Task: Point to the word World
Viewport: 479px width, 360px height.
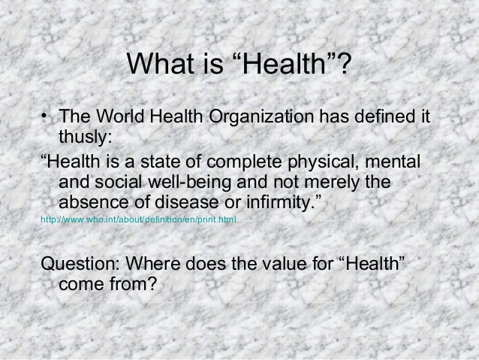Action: point(120,117)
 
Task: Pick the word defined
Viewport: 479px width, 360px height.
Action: point(382,117)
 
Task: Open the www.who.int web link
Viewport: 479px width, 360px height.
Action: point(138,220)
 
